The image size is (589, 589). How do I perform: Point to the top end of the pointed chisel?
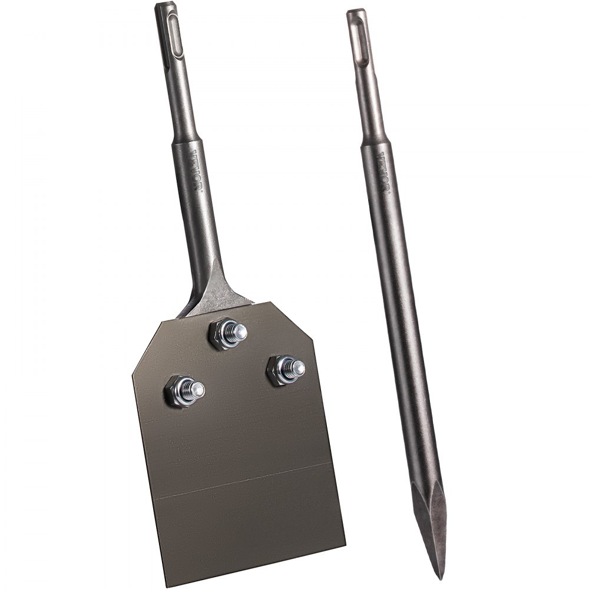coord(355,11)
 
